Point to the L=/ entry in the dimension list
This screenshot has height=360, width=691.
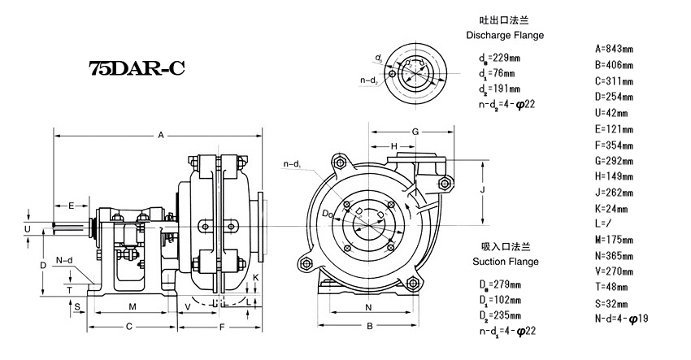pyautogui.click(x=604, y=221)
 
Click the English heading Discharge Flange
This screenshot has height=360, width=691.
pyautogui.click(x=504, y=36)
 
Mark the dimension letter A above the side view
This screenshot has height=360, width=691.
pyautogui.click(x=161, y=134)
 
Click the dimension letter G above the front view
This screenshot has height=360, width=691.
pyautogui.click(x=414, y=132)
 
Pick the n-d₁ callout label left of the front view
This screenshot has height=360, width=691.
pyautogui.click(x=292, y=165)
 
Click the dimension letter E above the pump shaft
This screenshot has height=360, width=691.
pyautogui.click(x=72, y=205)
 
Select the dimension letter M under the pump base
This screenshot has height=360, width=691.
pyautogui.click(x=132, y=306)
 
